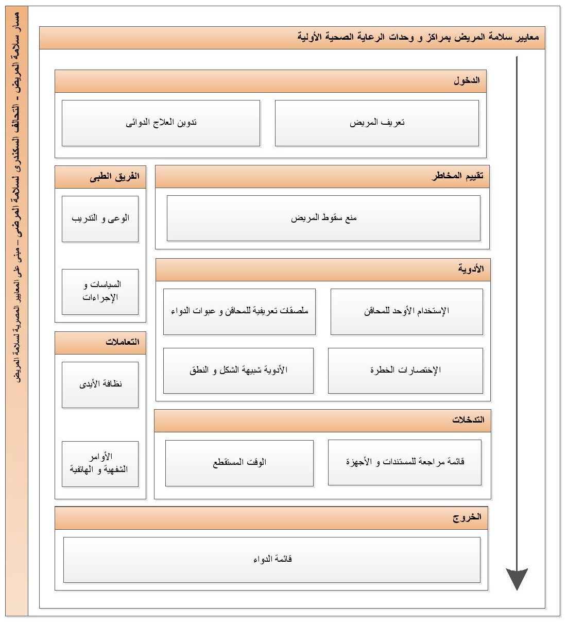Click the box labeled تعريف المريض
[x=377, y=123]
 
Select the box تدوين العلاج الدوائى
[x=161, y=123]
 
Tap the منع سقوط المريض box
[x=323, y=218]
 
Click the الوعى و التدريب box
[x=100, y=218]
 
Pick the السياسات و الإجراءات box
[x=100, y=291]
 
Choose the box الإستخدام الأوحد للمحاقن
[x=406, y=311]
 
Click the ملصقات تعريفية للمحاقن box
[x=239, y=311]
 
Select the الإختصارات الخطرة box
[x=405, y=370]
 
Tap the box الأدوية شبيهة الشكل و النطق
[x=238, y=370]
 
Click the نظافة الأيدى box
[x=100, y=384]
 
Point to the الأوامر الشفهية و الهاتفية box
[x=100, y=463]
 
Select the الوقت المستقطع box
[x=239, y=462]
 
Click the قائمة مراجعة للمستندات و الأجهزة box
[x=405, y=462]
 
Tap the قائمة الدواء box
[x=272, y=559]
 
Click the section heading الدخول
[x=467, y=81]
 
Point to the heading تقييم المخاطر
[x=457, y=176]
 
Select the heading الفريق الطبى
[x=114, y=176]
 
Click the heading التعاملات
[x=123, y=342]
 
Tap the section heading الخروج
[x=467, y=517]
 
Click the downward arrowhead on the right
[x=517, y=578]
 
